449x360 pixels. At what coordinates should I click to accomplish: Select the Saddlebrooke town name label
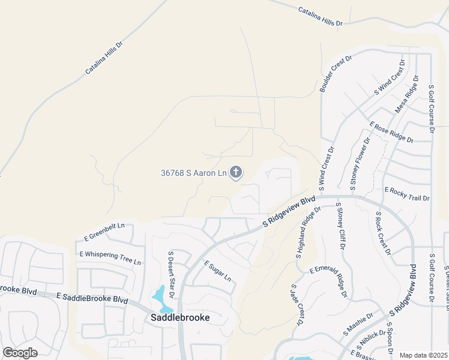[x=179, y=317]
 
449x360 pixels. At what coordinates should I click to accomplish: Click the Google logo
[x=20, y=353]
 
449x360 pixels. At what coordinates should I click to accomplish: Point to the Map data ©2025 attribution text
[x=424, y=355]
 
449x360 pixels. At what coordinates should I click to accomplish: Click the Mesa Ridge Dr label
[x=406, y=94]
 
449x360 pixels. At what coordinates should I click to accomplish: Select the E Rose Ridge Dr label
[x=391, y=132]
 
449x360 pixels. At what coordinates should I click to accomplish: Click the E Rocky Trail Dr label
[x=407, y=193]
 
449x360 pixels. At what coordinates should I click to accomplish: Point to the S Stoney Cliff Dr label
[x=341, y=227]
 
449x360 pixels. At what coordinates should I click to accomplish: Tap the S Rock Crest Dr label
[x=383, y=233]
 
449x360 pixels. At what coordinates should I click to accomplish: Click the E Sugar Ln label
[x=217, y=271]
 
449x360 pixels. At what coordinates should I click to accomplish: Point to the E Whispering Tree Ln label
[x=110, y=258]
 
